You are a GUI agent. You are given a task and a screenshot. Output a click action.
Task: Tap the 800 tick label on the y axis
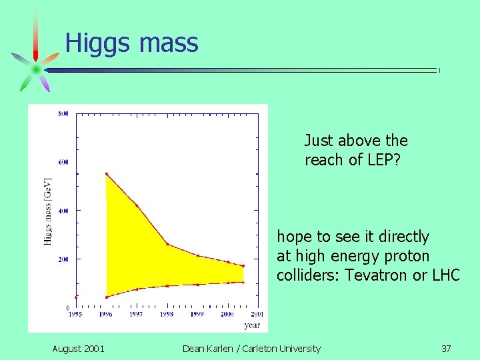tap(63, 113)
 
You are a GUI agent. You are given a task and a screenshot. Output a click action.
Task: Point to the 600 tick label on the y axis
tap(63, 162)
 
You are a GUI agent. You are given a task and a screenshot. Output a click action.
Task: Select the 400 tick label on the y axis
tap(63, 211)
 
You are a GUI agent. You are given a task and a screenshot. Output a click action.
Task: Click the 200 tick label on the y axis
tap(63, 259)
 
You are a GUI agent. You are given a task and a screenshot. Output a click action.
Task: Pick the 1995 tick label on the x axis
tap(76, 314)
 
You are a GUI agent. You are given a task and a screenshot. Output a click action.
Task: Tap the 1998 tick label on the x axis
tap(167, 314)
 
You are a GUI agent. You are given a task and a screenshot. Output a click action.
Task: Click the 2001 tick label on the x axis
tap(257, 314)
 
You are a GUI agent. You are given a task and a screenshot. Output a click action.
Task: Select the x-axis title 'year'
tap(251, 325)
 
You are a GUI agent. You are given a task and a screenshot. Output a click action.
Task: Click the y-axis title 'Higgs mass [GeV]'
tap(48, 211)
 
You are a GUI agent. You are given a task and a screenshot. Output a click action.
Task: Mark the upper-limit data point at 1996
tap(107, 174)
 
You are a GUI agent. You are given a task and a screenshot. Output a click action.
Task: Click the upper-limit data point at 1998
tap(167, 244)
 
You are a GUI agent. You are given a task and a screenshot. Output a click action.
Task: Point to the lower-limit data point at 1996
tap(107, 297)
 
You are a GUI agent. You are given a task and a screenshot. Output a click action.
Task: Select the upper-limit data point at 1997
tap(137, 206)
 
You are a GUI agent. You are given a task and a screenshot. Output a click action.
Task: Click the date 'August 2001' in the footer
tap(78, 348)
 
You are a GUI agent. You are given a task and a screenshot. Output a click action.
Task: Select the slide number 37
tap(446, 348)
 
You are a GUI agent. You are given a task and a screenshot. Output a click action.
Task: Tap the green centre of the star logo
tap(36, 69)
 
